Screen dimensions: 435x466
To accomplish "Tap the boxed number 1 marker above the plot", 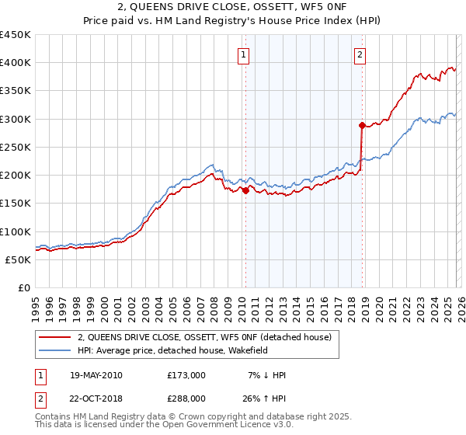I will coord(244,54).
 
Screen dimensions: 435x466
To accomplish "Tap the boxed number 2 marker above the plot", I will coord(361,54).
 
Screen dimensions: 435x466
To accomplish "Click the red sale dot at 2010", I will coord(245,190).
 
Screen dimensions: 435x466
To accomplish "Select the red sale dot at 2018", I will coord(362,125).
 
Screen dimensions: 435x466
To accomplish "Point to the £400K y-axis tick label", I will coord(16,63).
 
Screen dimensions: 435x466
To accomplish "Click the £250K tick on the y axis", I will coord(16,148).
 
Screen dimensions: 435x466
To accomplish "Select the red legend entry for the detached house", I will coord(204,337).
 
